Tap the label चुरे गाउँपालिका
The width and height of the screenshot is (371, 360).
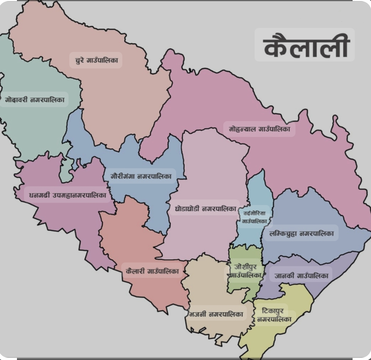tap(96, 60)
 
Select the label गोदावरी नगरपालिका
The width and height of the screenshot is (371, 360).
tap(35, 99)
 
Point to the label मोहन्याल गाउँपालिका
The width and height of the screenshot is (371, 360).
tap(259, 129)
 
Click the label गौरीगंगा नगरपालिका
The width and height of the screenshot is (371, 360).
tap(141, 176)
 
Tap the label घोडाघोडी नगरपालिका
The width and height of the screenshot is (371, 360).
tap(205, 209)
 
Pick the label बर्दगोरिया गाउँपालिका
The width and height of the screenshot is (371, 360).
tap(255, 217)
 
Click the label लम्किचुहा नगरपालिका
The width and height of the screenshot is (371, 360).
tap(301, 233)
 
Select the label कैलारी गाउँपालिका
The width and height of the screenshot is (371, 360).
tap(152, 271)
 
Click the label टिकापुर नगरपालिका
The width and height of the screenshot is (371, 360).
tap(273, 315)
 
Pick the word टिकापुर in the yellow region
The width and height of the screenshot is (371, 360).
tap(273, 311)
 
